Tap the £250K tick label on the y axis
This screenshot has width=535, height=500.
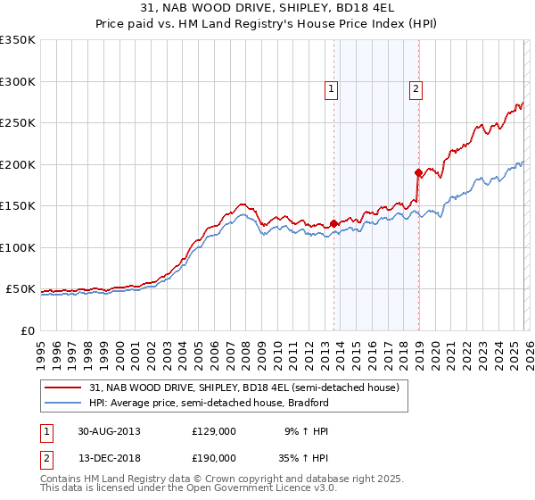coord(18,123)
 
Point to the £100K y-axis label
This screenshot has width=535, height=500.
coord(18,247)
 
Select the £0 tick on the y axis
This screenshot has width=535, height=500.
coord(27,330)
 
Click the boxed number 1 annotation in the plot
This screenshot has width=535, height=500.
coord(332,88)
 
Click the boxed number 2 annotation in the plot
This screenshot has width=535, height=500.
coord(416,88)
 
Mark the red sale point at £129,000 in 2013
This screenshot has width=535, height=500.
coord(334,223)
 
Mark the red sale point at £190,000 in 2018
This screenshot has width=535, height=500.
coord(417,172)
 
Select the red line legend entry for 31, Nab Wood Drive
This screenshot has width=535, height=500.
coord(249,387)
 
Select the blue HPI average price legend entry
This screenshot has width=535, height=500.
coord(209,403)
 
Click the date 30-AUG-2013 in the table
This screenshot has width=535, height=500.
coord(108,430)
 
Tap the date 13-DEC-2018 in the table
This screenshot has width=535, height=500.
coord(108,457)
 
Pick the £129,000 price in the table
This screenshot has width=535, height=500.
coord(214,430)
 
